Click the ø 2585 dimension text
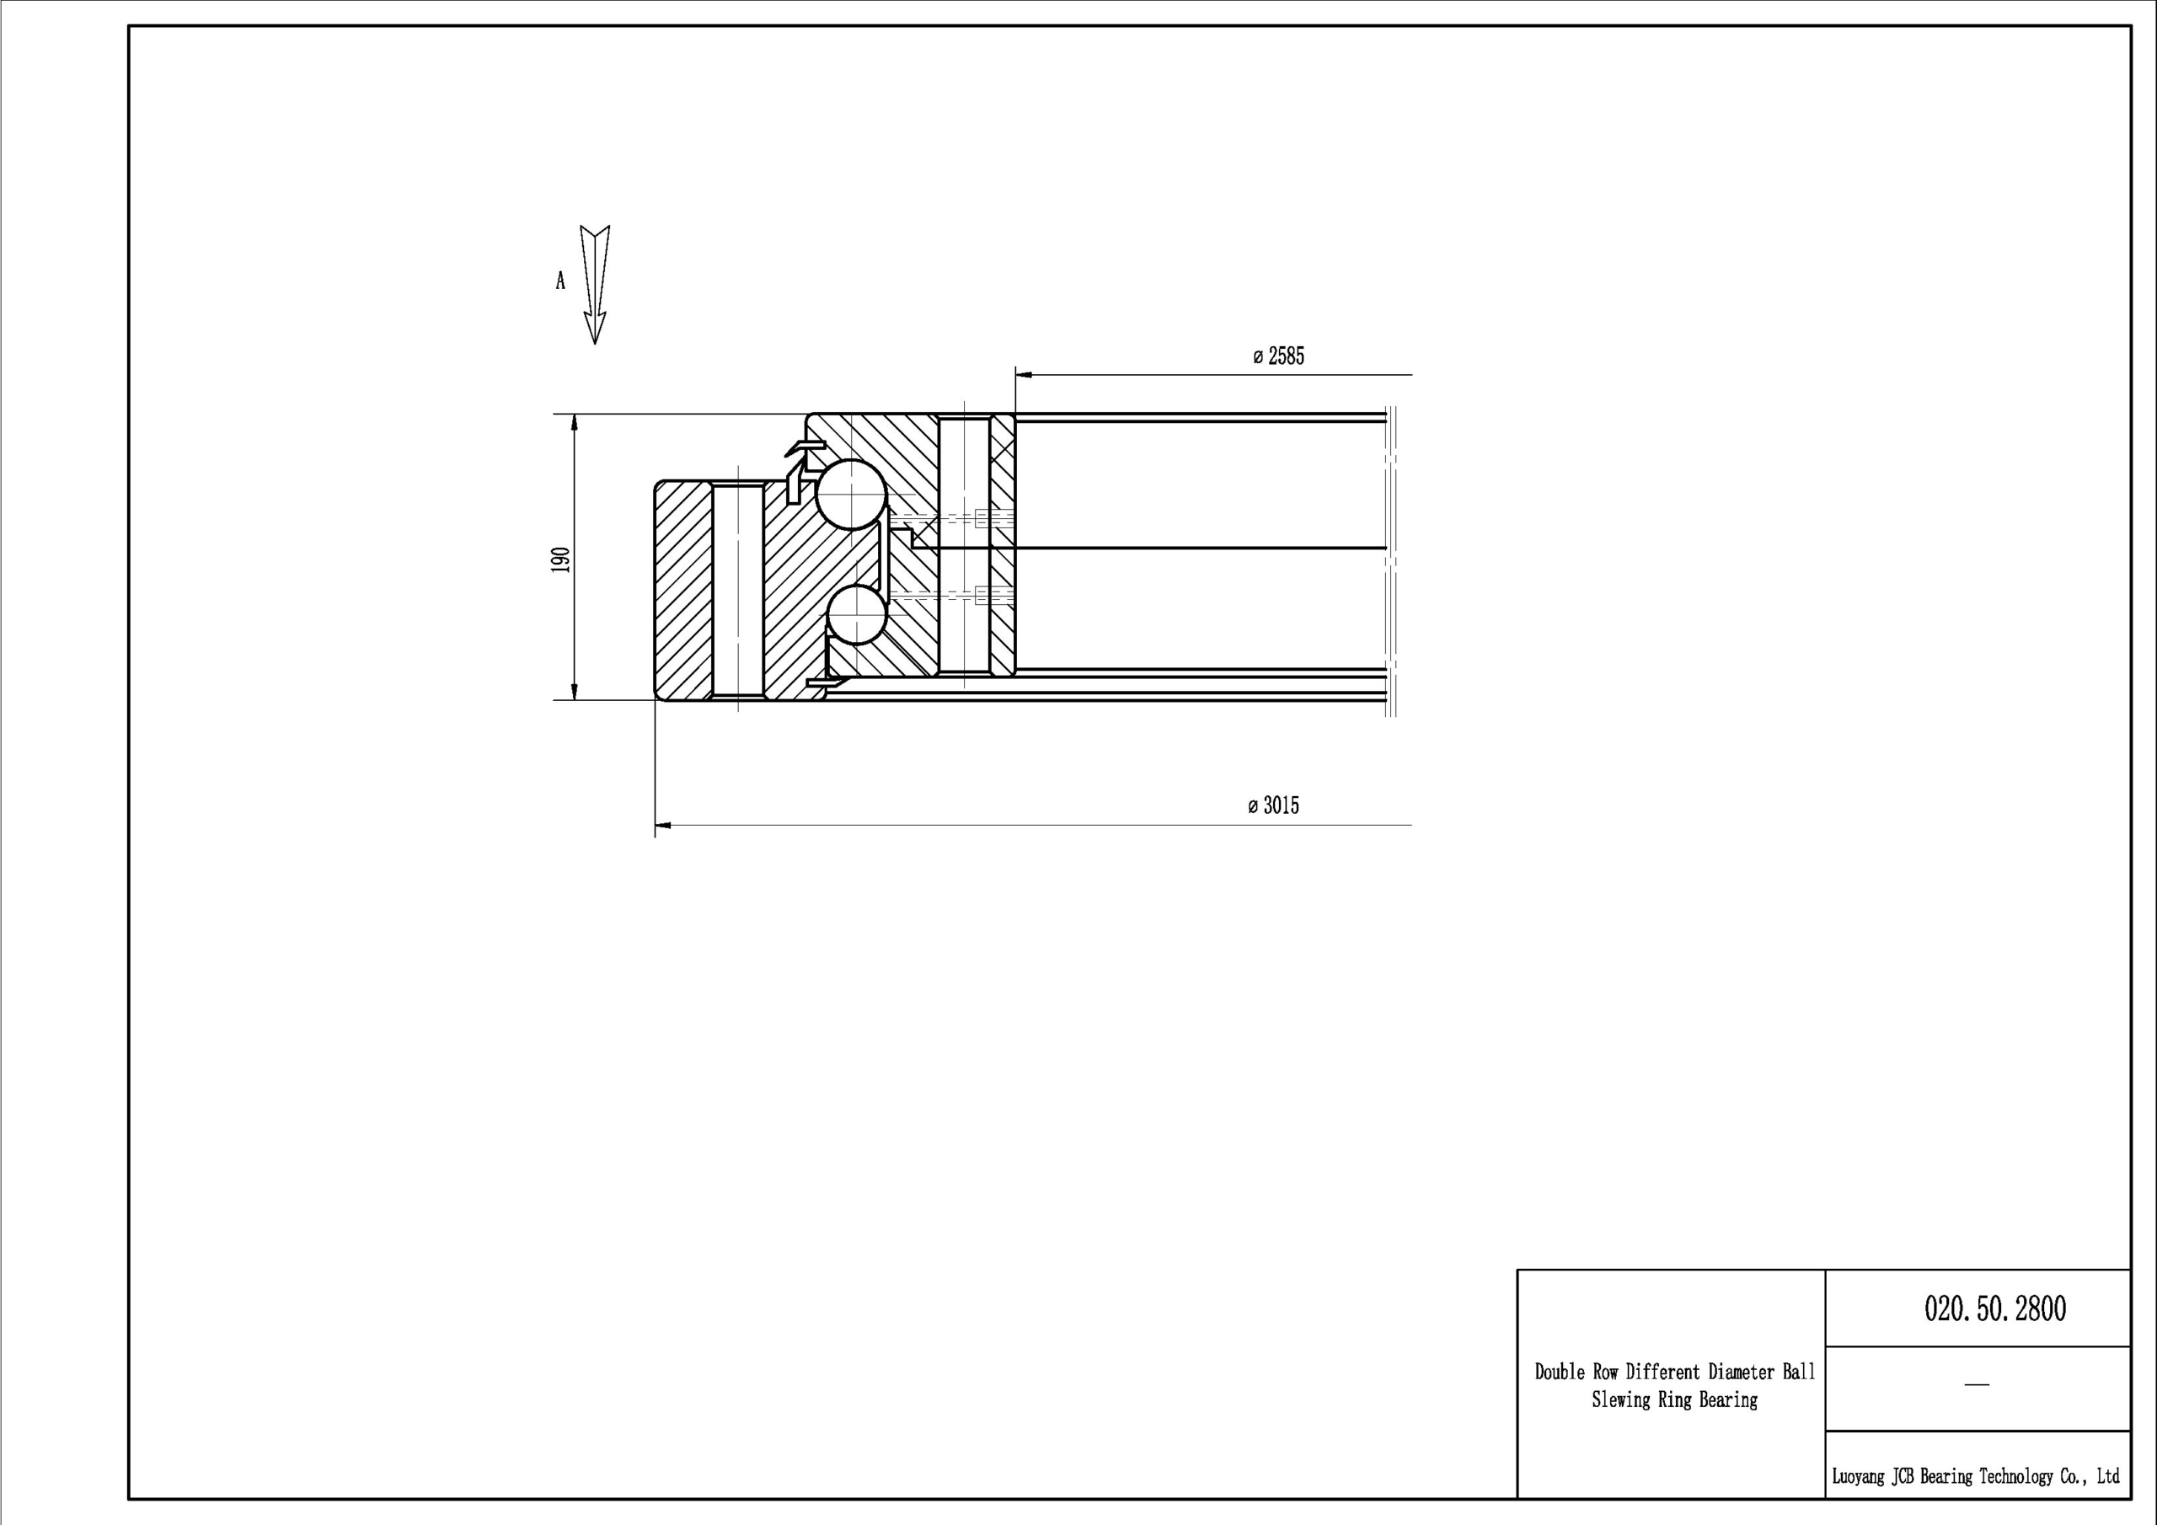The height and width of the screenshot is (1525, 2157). click(1278, 356)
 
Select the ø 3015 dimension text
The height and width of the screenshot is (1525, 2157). click(1274, 805)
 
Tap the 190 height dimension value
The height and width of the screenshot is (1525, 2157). click(561, 559)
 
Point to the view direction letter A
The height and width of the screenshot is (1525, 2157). click(561, 281)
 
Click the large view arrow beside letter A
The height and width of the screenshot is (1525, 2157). click(595, 285)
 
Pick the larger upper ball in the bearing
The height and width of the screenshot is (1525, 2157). click(851, 495)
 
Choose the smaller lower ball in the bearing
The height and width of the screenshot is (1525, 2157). click(857, 613)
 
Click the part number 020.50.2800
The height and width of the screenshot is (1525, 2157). click(1995, 1308)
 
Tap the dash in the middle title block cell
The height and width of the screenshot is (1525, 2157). click(1977, 1385)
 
